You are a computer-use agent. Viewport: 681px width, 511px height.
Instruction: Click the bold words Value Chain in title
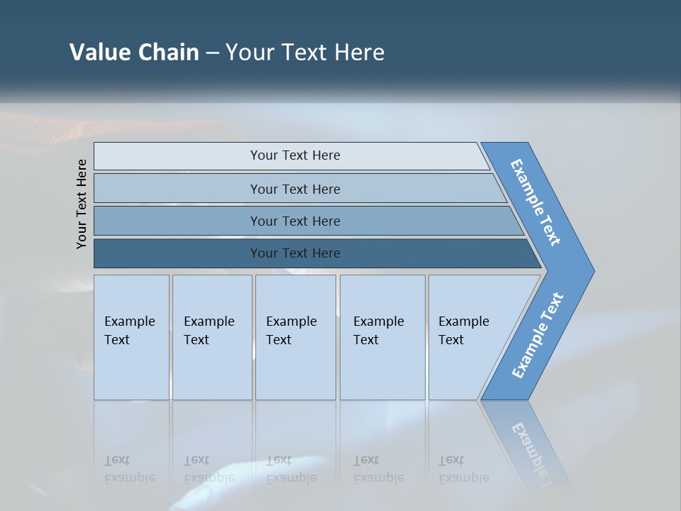[x=134, y=53]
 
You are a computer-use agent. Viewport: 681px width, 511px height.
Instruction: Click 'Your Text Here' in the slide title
[x=305, y=53]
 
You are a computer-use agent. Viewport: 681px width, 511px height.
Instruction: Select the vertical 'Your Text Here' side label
[x=82, y=204]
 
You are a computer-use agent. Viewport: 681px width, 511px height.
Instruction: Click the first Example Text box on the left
[x=131, y=337]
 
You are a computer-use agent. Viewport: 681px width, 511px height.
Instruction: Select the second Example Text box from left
[x=211, y=337]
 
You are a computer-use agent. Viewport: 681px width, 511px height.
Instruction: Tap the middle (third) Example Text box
[x=295, y=337]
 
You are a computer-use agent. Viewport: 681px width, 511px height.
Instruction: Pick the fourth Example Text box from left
[x=382, y=337]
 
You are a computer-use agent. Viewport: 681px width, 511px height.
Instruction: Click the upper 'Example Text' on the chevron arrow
[x=536, y=202]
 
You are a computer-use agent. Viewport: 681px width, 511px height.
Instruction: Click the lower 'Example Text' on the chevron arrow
[x=538, y=336]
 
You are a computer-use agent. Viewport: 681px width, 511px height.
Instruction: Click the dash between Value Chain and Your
[x=212, y=53]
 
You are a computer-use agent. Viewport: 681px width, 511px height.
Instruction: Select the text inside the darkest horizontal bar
[x=295, y=253]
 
